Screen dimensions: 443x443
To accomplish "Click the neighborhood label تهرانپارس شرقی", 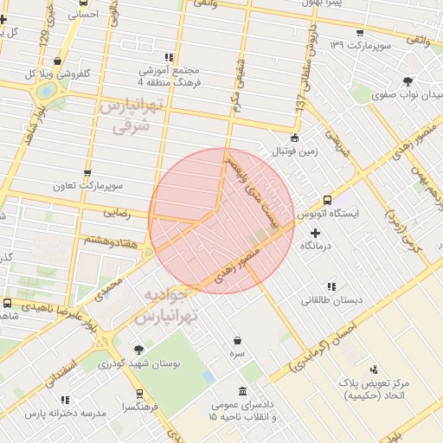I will pos(131,116).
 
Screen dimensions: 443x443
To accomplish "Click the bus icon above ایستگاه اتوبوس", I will pos(326,199).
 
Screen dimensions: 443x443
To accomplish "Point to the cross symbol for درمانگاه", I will pos(314,233).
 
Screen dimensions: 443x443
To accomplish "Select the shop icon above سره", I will pos(237,339).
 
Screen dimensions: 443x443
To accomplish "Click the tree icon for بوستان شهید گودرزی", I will pos(139,350).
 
